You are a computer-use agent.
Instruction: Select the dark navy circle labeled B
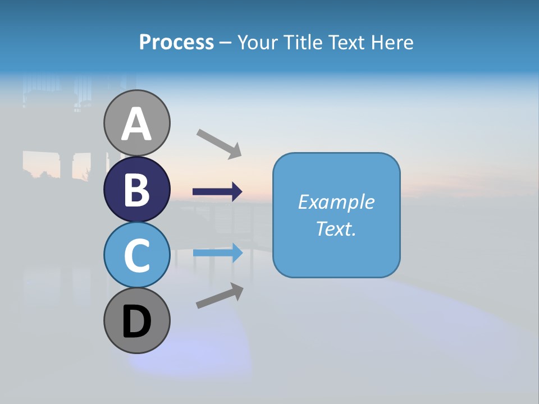[137, 189]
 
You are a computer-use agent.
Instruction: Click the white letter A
[137, 125]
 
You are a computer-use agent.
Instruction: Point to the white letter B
[137, 190]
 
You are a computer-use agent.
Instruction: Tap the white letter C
[137, 255]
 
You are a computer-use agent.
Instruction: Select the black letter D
[137, 321]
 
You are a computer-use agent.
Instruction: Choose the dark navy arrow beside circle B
[217, 192]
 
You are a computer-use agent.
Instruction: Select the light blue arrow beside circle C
[217, 253]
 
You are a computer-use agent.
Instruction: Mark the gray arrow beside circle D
[220, 295]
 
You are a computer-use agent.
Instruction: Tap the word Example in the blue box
[336, 202]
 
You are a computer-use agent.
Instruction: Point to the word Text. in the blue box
[336, 228]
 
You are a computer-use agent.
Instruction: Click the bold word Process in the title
[176, 42]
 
